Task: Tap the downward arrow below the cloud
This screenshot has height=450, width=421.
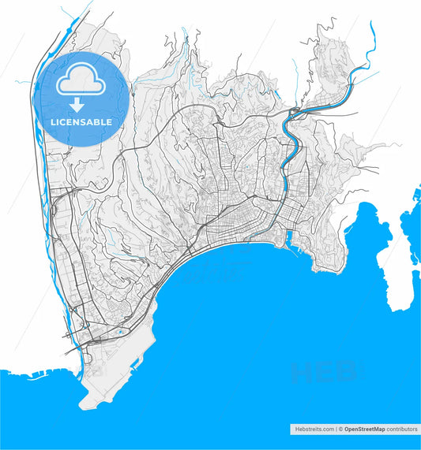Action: click(77, 104)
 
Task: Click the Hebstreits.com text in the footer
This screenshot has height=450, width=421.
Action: click(312, 430)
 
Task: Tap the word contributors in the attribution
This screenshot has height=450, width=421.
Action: click(402, 430)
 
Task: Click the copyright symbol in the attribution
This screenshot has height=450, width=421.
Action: click(341, 430)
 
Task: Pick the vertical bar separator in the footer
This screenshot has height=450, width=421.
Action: click(336, 430)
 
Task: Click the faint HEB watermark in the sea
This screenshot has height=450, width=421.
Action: click(325, 371)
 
